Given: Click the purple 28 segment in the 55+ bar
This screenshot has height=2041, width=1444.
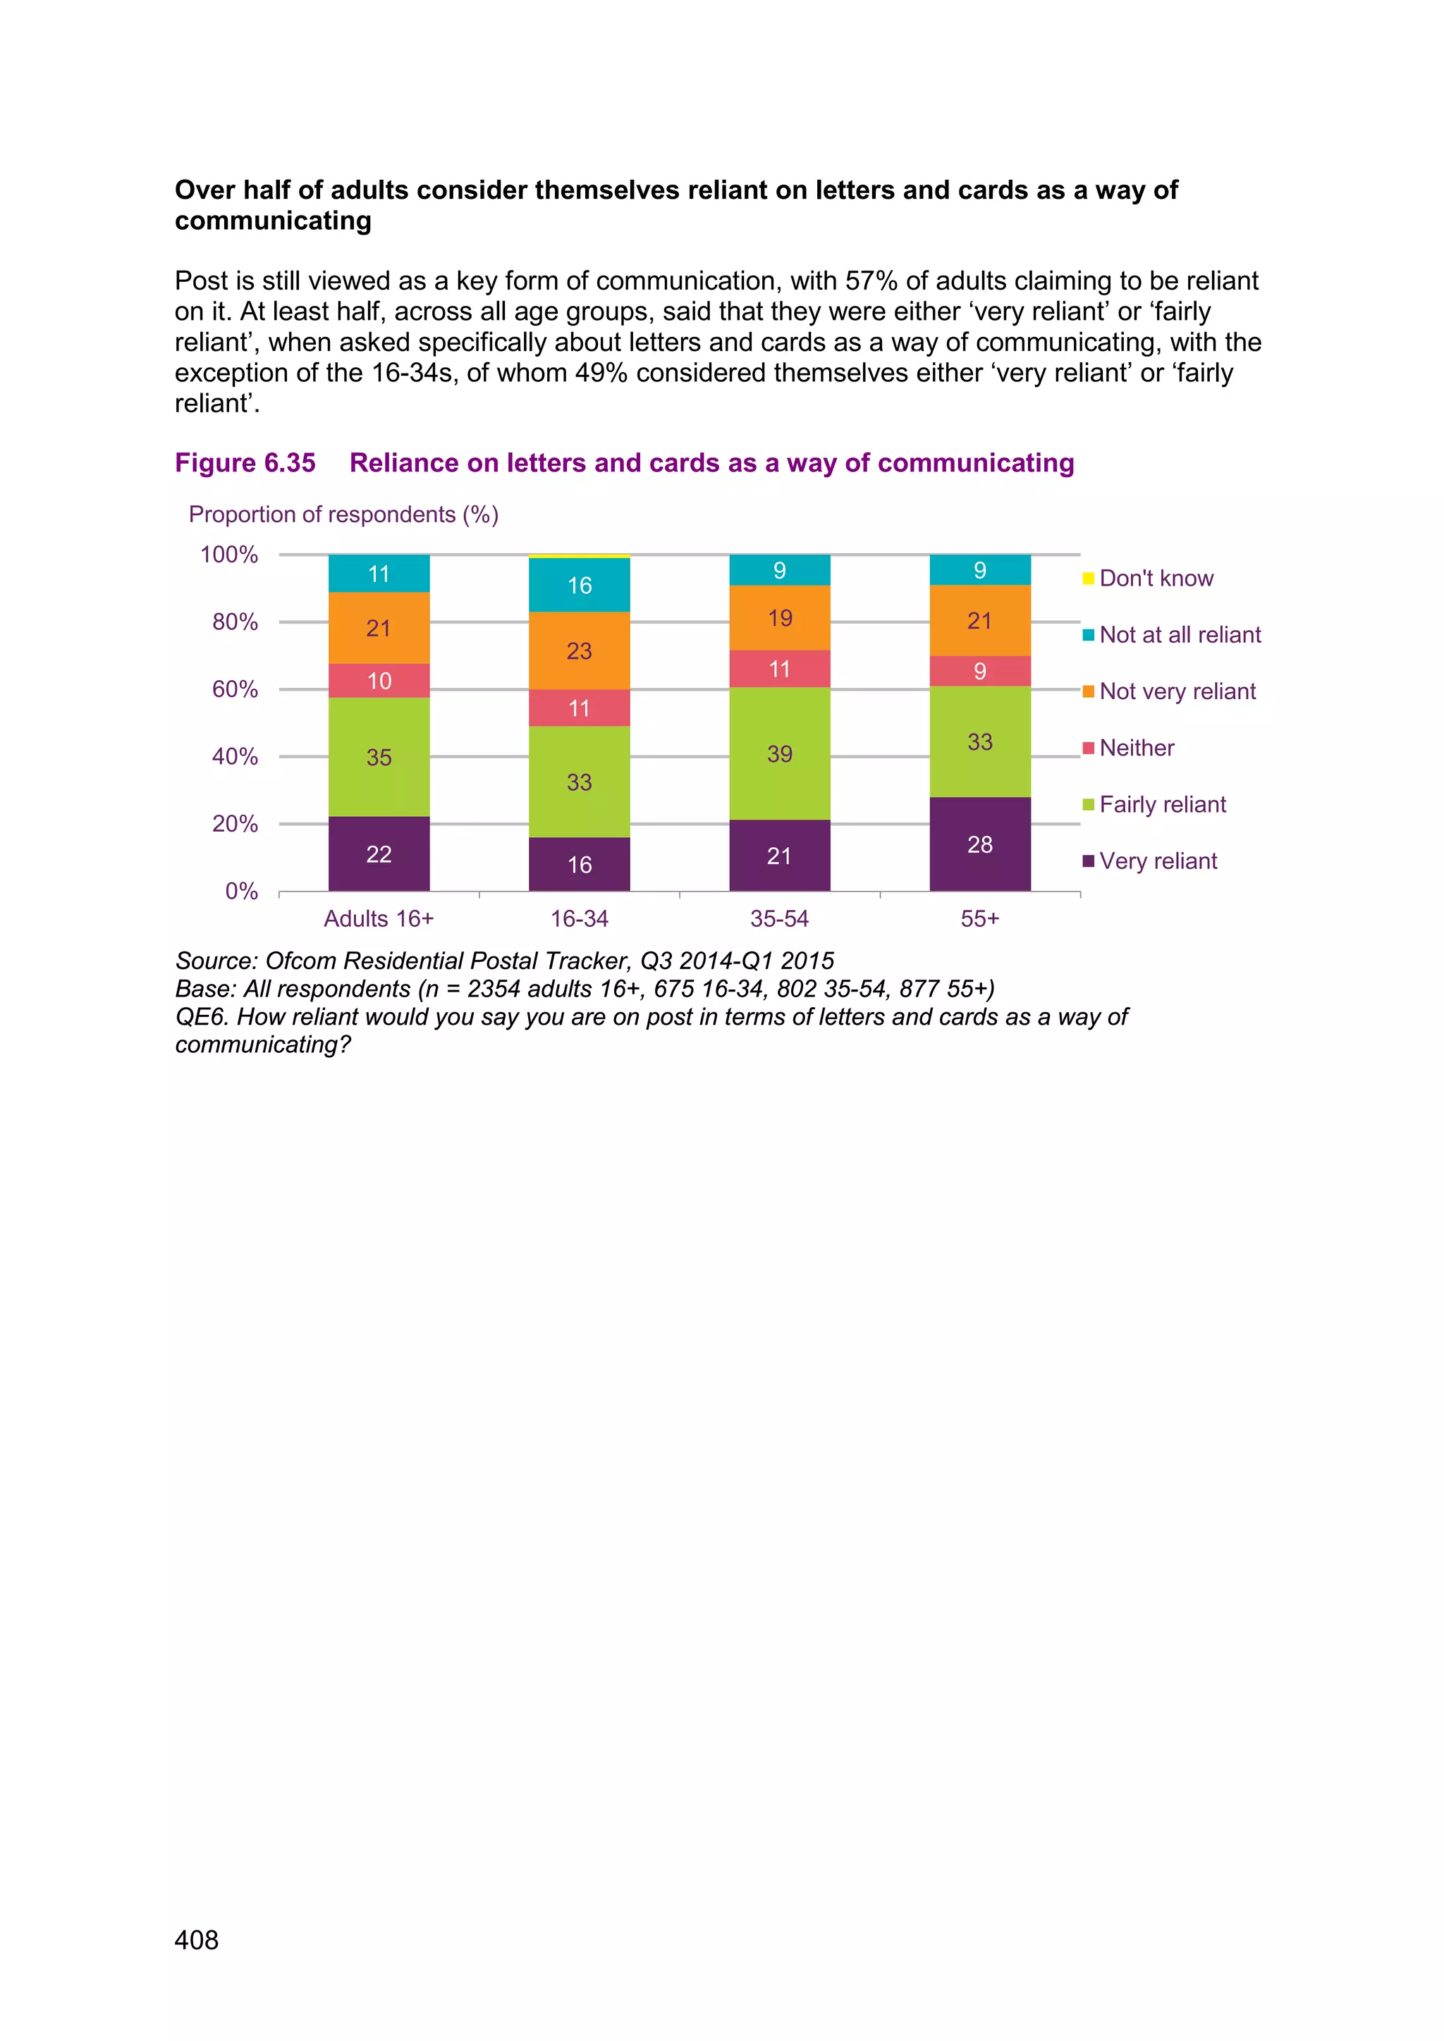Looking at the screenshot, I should point(980,844).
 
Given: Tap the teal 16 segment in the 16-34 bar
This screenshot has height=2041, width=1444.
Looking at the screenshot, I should point(579,585).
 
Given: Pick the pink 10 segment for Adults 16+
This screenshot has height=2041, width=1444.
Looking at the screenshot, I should point(379,680).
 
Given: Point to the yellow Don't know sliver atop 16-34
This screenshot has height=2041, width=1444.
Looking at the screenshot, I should point(579,557).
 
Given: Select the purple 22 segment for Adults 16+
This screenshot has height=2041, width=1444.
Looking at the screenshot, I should point(379,853).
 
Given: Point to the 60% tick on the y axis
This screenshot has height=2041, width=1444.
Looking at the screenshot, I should point(235,689).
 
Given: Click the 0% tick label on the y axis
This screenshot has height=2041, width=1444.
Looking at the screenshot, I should point(241,891).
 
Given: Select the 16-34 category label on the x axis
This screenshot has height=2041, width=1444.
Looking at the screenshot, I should point(579,918).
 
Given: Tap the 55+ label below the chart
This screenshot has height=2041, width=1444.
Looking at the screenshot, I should point(980,918).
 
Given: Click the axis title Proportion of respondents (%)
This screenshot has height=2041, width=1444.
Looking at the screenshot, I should point(343,514).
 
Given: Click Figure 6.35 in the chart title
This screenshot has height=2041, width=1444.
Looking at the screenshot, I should point(245,462).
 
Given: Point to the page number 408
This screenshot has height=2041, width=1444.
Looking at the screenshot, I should point(197,1940).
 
